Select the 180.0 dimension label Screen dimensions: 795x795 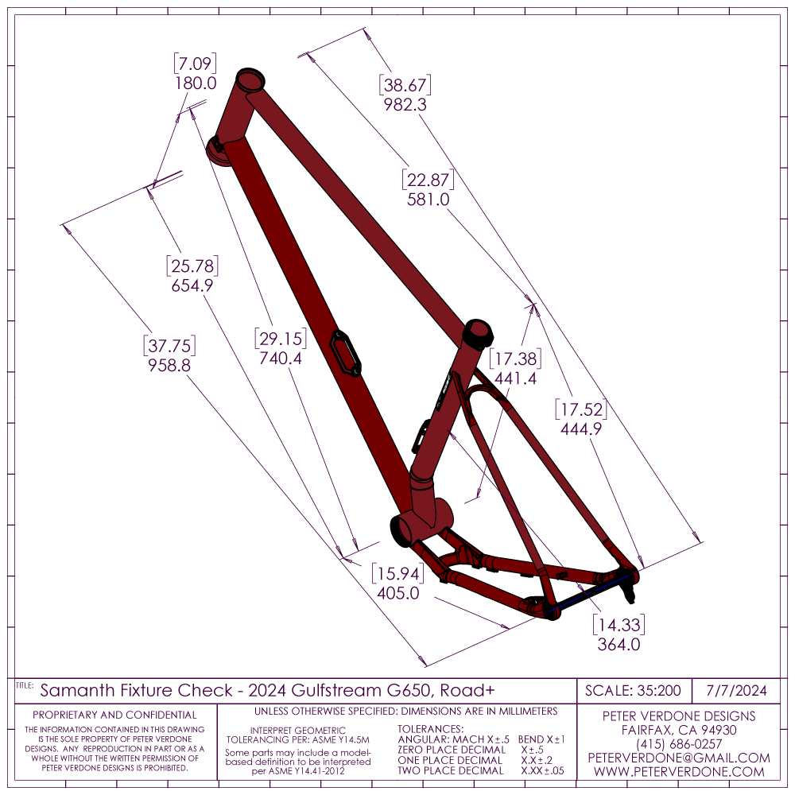click(x=195, y=83)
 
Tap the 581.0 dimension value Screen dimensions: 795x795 click(x=429, y=200)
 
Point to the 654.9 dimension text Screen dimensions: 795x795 click(x=192, y=285)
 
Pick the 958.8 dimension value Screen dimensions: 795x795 click(x=169, y=366)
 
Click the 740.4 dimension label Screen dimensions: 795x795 click(x=281, y=358)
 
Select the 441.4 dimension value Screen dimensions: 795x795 click(x=515, y=379)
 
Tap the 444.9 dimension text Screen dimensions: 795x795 click(x=580, y=429)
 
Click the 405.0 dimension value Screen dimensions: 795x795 click(x=397, y=593)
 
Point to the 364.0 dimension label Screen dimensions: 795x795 click(x=619, y=645)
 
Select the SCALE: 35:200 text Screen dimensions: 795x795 click(x=633, y=690)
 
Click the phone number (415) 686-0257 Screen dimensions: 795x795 click(x=679, y=744)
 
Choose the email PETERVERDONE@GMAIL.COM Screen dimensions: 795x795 click(x=679, y=758)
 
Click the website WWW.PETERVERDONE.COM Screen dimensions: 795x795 click(x=679, y=772)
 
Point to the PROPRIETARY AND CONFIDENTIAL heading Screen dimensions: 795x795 click(x=114, y=715)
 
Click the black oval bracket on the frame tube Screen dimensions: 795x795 click(x=347, y=352)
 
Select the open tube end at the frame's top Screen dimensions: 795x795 click(x=250, y=81)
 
